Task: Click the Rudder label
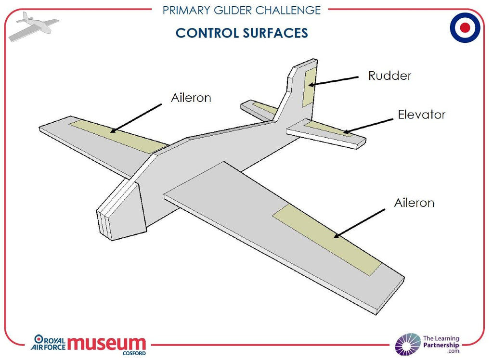click(x=389, y=76)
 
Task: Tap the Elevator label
click(x=422, y=115)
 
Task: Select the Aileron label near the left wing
click(x=191, y=98)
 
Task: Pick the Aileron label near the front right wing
click(x=414, y=203)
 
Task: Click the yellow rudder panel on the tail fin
click(x=310, y=87)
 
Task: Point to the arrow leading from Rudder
click(x=333, y=81)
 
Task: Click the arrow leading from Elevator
click(x=368, y=126)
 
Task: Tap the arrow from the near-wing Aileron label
click(x=359, y=223)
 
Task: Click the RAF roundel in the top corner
click(x=465, y=27)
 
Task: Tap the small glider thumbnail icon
click(x=33, y=26)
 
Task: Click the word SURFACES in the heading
click(x=275, y=33)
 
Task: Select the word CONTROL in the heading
click(x=207, y=33)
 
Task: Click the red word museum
click(x=106, y=343)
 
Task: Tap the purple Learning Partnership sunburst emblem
click(x=408, y=344)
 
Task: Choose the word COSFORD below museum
click(x=134, y=353)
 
